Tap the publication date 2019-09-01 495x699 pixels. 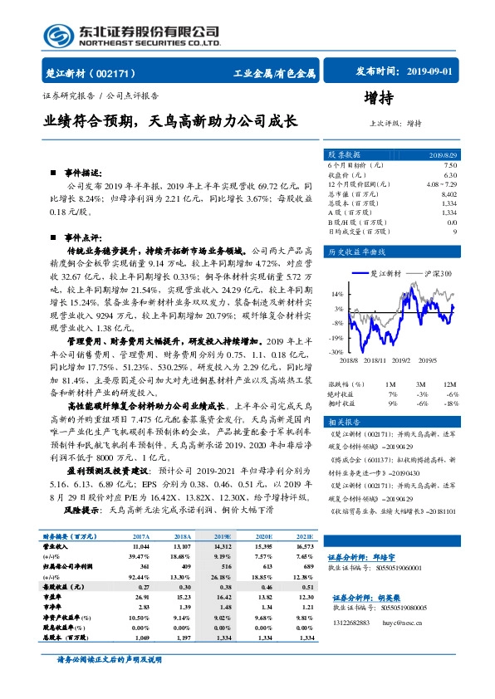point(432,72)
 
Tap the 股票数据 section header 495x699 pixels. point(344,154)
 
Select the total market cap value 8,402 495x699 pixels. point(448,193)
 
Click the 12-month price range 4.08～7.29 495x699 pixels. point(441,184)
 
